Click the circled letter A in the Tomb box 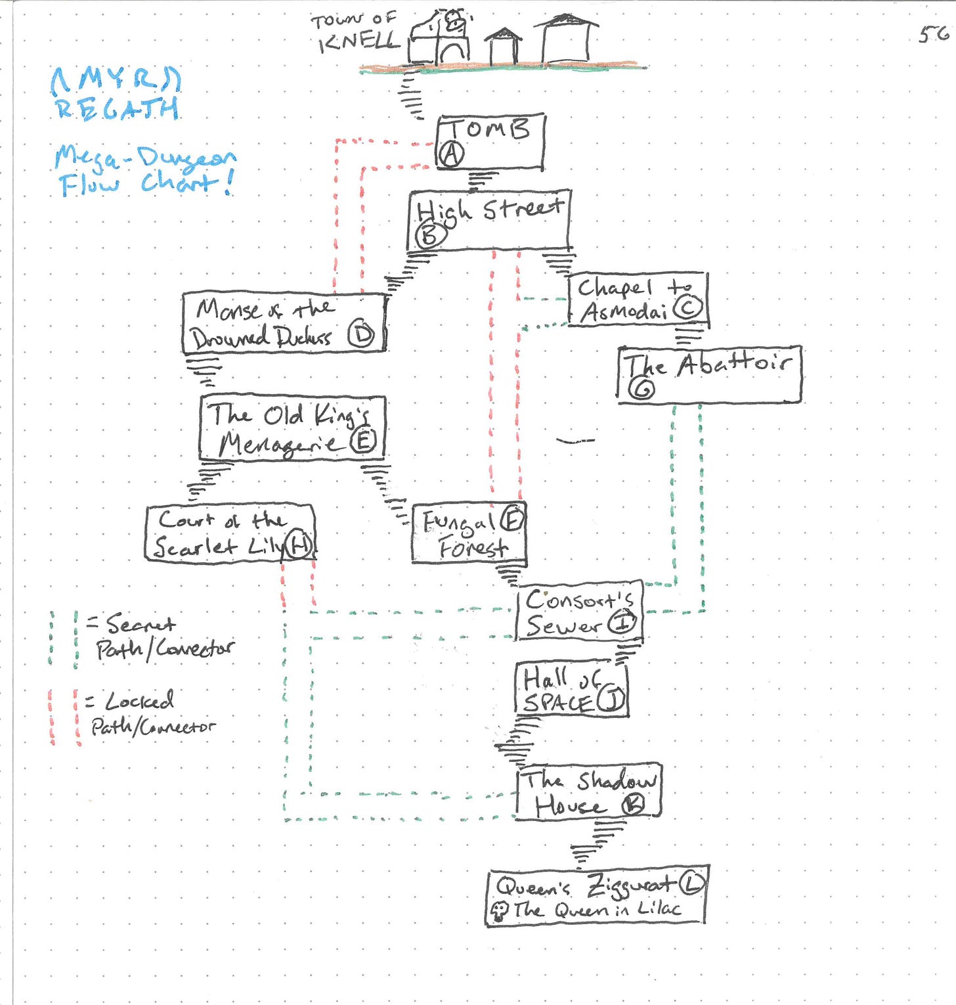451,154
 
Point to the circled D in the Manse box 360,335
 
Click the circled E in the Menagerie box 362,441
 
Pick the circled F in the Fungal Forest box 511,520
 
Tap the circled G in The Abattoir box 641,390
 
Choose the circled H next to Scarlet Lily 299,545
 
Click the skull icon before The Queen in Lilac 500,910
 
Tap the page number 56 933,33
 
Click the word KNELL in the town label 358,42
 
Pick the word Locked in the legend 139,701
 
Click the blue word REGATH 117,108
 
